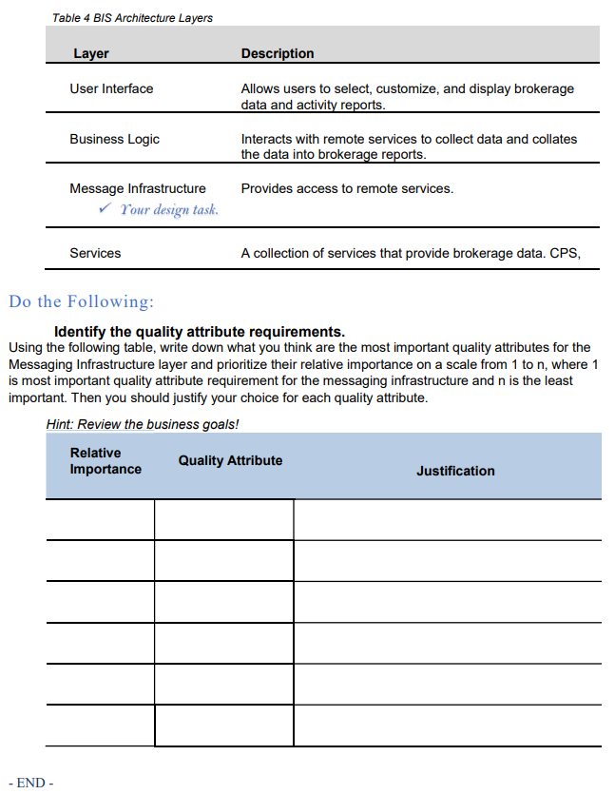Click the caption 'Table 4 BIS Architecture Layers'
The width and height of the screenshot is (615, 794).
click(132, 18)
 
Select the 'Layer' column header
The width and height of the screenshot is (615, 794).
click(91, 53)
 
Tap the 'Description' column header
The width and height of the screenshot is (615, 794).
click(278, 53)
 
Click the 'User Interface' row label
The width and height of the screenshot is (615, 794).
click(111, 88)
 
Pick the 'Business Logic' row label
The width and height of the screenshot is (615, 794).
click(114, 139)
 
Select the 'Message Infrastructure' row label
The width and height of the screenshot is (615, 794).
click(137, 188)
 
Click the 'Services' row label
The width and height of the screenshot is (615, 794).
click(95, 253)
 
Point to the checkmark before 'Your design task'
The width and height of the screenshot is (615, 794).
click(106, 208)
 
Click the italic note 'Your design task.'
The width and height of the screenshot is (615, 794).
click(169, 209)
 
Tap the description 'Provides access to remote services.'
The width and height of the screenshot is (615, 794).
click(347, 188)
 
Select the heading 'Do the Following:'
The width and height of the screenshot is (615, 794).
click(81, 301)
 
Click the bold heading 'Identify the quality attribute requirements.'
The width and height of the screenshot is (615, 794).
click(200, 332)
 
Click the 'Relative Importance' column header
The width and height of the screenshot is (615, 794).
click(105, 461)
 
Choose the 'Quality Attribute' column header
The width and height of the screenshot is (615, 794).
click(230, 460)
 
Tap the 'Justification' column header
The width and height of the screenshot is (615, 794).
click(455, 471)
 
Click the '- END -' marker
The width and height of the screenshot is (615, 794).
click(34, 783)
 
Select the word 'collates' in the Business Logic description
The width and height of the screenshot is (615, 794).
click(552, 139)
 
